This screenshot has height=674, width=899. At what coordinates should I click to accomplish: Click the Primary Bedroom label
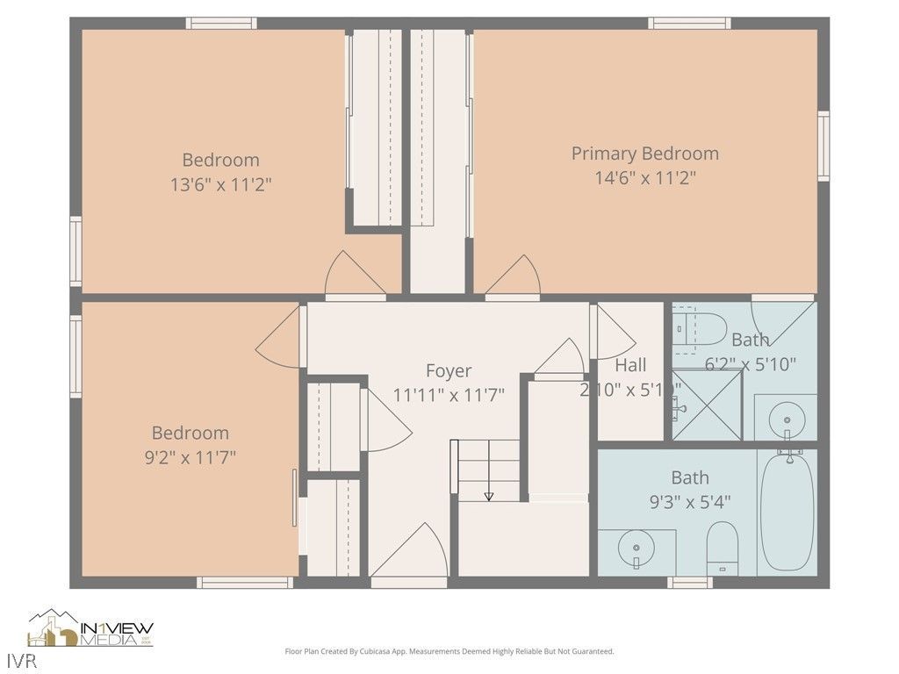coord(644,154)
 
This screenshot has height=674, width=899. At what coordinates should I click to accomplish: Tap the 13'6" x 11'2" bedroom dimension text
coord(220,185)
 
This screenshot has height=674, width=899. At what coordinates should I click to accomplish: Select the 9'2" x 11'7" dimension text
coord(191,457)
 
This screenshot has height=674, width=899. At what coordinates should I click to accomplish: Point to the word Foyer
coord(449,370)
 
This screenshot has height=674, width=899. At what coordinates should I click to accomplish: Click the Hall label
coord(630,365)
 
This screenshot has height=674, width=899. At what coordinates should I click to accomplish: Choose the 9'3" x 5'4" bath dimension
coord(689,502)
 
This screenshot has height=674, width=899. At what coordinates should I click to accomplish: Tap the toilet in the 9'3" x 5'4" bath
coord(723,547)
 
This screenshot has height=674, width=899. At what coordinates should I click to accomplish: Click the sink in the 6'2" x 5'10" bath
coord(786,419)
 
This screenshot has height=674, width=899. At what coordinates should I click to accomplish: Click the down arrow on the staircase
coord(489,497)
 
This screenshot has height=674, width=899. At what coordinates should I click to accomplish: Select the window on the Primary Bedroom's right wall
coord(823,146)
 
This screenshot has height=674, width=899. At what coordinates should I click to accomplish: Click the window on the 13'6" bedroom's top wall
coord(221,23)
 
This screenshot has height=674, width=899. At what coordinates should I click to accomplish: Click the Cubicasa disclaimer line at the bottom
coord(449,651)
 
